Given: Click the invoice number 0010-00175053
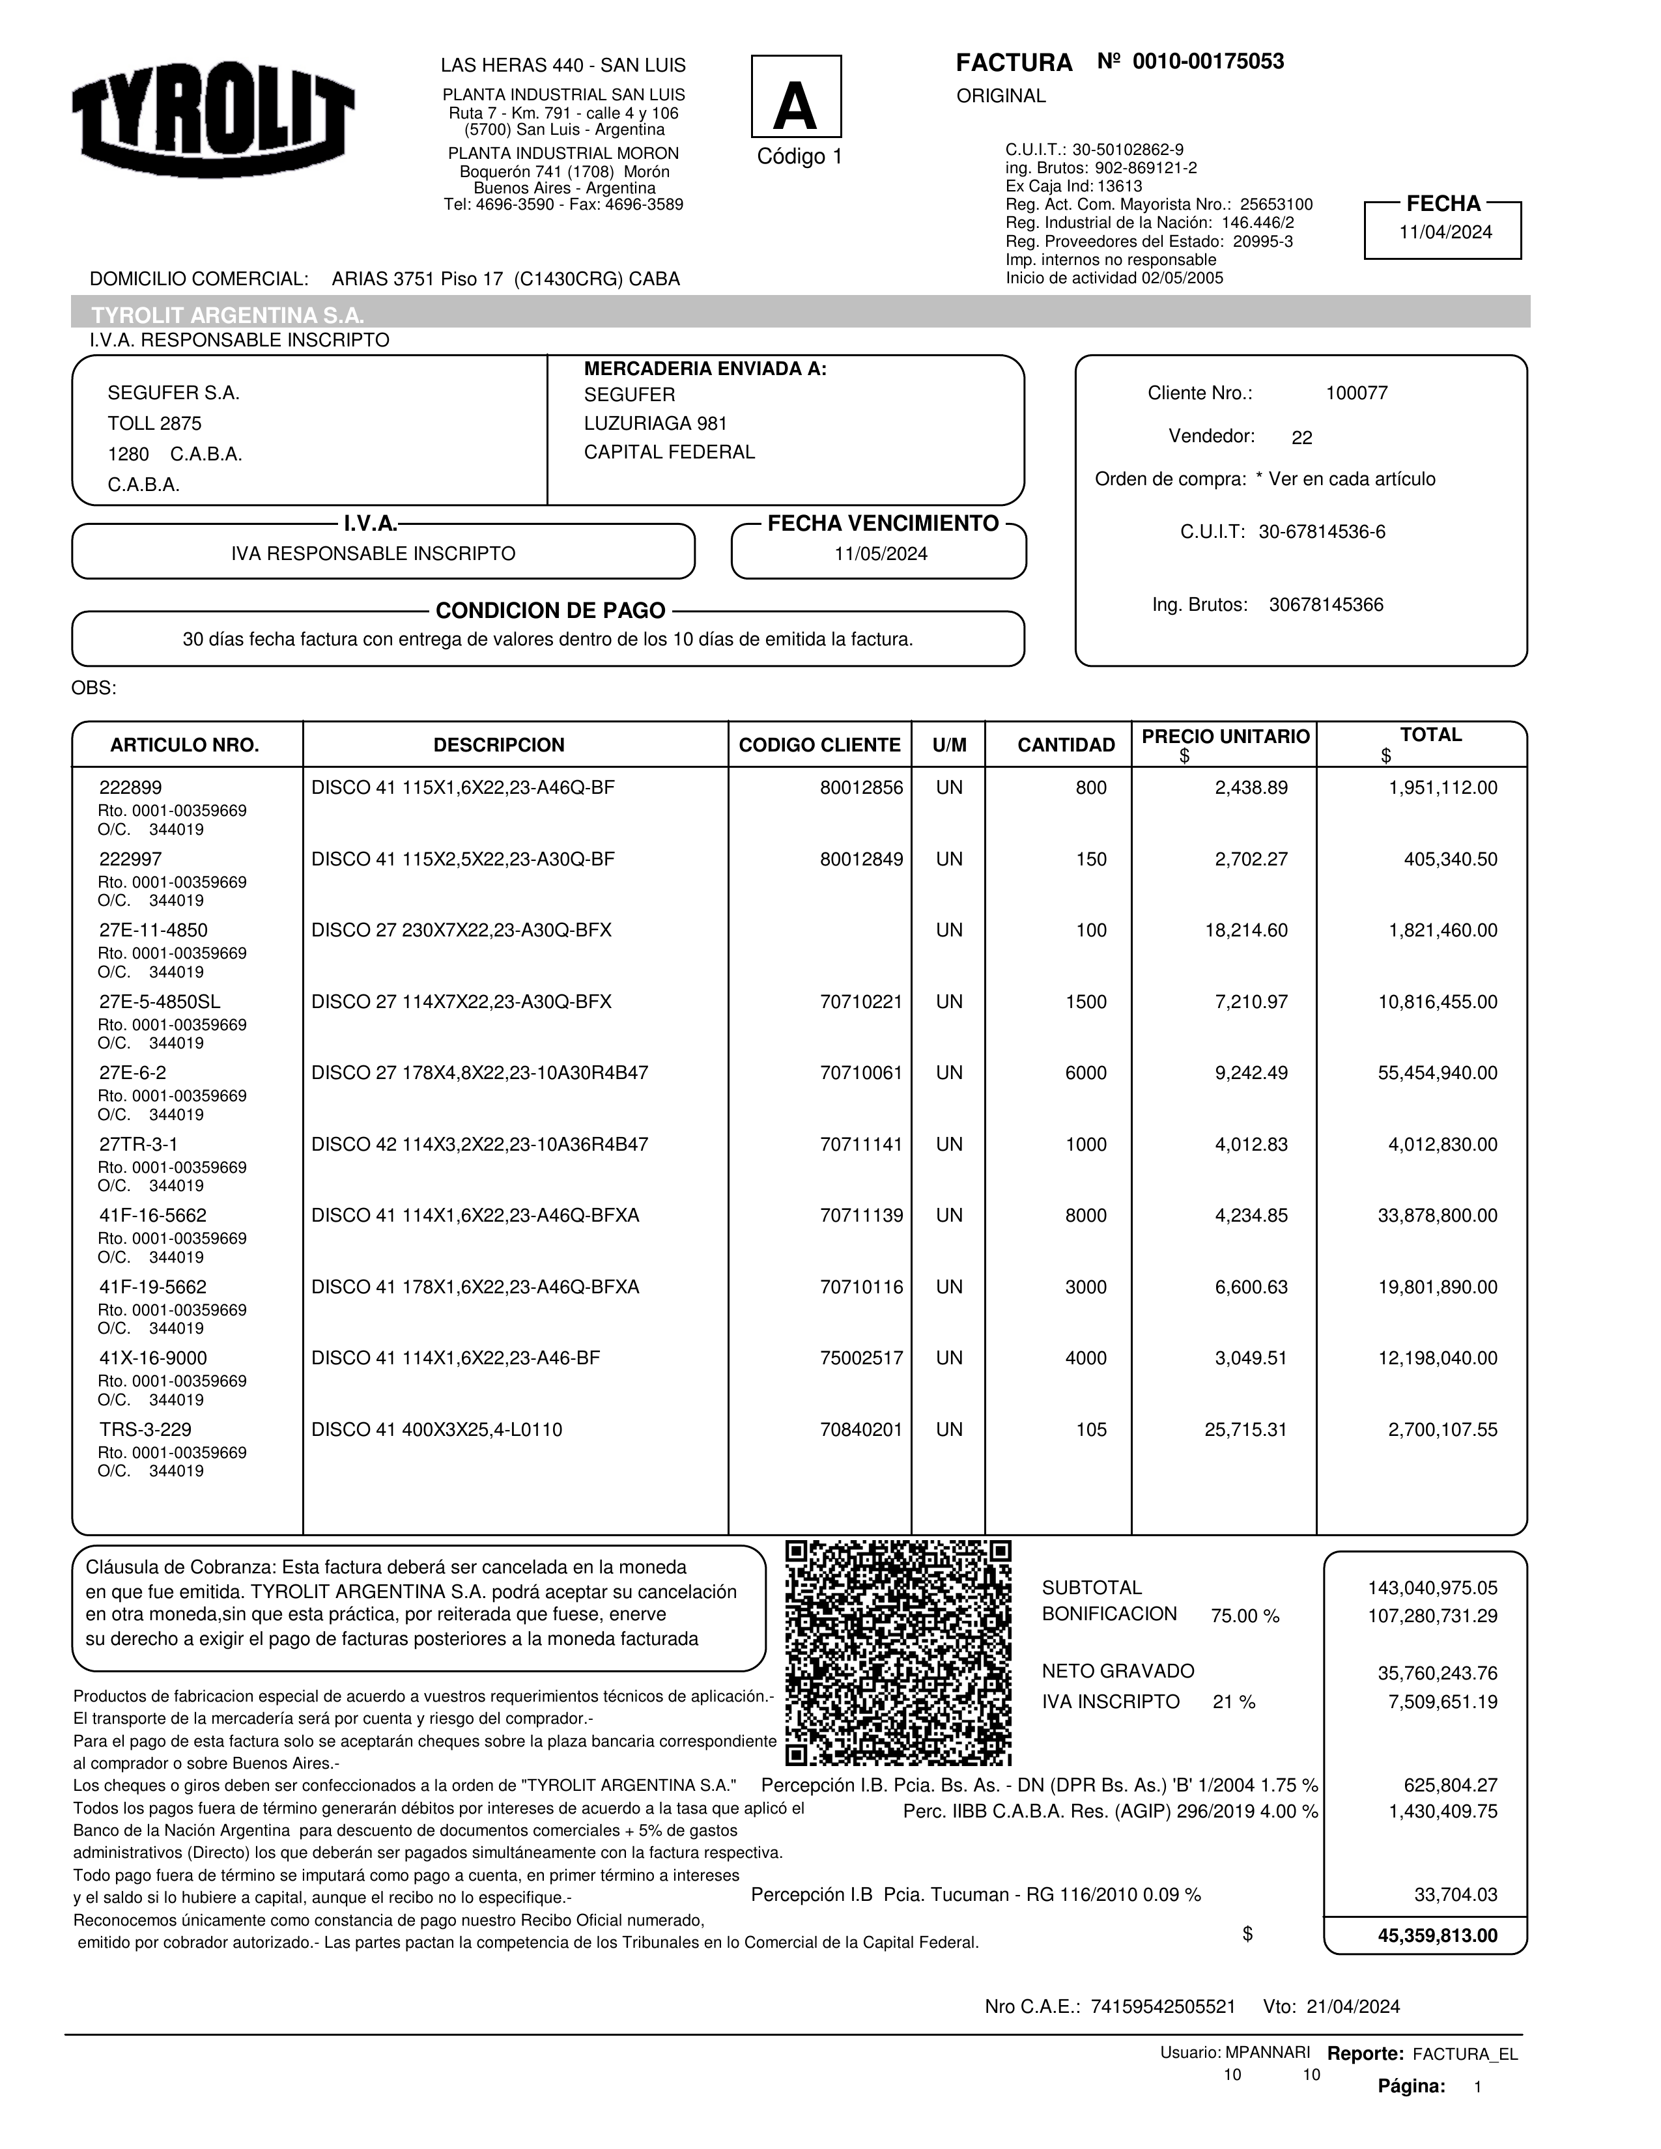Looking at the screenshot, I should point(1208,62).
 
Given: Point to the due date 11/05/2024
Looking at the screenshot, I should point(881,554).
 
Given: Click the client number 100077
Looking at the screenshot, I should point(1356,393).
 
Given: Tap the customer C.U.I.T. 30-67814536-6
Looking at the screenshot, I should point(1322,532).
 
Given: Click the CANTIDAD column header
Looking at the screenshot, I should point(1066,745).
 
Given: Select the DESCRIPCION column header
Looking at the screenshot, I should point(499,745).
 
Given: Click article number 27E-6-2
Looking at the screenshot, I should point(133,1073).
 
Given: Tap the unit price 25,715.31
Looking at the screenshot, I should point(1245,1429).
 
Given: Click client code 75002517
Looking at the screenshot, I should point(861,1358).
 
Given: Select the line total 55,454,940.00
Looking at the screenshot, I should point(1437,1073).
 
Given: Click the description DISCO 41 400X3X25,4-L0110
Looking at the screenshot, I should point(437,1429).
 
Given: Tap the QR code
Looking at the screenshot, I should point(898,1652).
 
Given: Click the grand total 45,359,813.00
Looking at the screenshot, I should point(1437,1935).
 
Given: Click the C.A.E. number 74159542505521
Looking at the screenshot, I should point(1163,2006).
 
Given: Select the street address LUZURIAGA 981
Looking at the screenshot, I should point(655,424).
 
